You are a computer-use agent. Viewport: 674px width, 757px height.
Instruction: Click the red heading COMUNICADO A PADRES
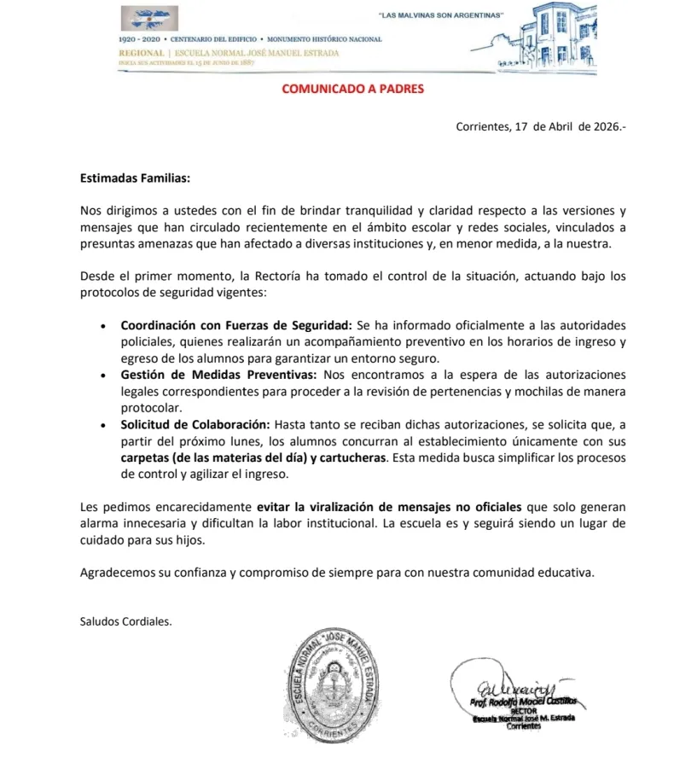click(x=352, y=89)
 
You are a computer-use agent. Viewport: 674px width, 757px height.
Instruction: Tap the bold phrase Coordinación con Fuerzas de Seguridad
click(x=236, y=326)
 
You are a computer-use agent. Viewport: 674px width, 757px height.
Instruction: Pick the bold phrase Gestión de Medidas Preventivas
click(x=218, y=376)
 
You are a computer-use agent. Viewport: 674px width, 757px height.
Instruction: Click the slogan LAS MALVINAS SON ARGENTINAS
click(x=440, y=16)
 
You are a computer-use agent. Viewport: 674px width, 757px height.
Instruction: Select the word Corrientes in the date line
click(x=484, y=127)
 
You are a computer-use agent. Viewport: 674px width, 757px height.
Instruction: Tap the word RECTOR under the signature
click(x=522, y=710)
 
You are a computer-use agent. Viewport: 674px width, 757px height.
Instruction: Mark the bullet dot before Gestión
click(x=103, y=376)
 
